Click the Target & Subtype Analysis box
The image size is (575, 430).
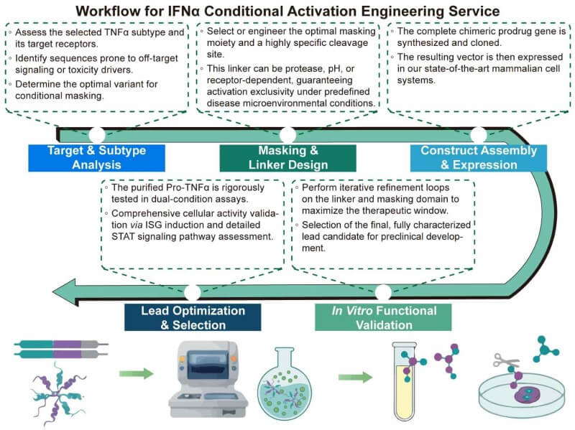point(96,158)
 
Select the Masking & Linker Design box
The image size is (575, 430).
point(287,158)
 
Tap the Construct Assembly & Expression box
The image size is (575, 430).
point(478,158)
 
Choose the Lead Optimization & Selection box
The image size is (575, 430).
point(192,317)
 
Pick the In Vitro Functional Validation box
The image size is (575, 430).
point(383,317)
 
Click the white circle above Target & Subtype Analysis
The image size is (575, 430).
point(96,134)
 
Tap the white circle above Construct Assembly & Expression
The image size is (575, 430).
point(478,134)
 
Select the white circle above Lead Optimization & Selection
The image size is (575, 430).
point(192,292)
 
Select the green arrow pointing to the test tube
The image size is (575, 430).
point(355,376)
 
